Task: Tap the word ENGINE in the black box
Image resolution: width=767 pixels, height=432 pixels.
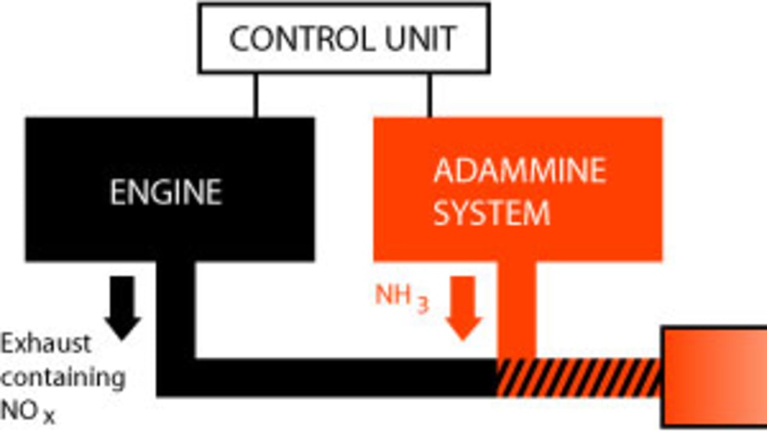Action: pos(165,192)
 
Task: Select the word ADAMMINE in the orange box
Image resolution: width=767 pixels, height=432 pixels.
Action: pos(519,171)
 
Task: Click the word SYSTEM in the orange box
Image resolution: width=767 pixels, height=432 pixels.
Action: pos(492,213)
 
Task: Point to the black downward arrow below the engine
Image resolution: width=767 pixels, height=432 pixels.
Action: pos(122,306)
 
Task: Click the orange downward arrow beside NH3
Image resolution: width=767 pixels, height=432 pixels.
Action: pos(464,307)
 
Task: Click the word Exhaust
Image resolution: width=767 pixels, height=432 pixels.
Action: pos(46,343)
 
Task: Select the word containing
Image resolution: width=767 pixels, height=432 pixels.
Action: pos(63,377)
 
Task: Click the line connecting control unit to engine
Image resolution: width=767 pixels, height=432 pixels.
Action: pos(255,95)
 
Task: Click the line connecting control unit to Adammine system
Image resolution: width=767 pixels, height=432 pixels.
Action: pos(429,95)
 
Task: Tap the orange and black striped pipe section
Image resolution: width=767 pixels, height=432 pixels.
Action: pos(580,377)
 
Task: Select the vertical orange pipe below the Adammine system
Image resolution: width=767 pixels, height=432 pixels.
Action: pos(517,309)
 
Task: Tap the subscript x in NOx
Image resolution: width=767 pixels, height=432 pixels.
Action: pos(49,416)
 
